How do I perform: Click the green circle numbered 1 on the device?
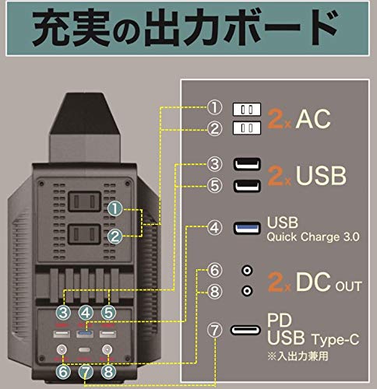115,209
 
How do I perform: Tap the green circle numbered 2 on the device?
115,236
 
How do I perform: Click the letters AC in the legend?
316,118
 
